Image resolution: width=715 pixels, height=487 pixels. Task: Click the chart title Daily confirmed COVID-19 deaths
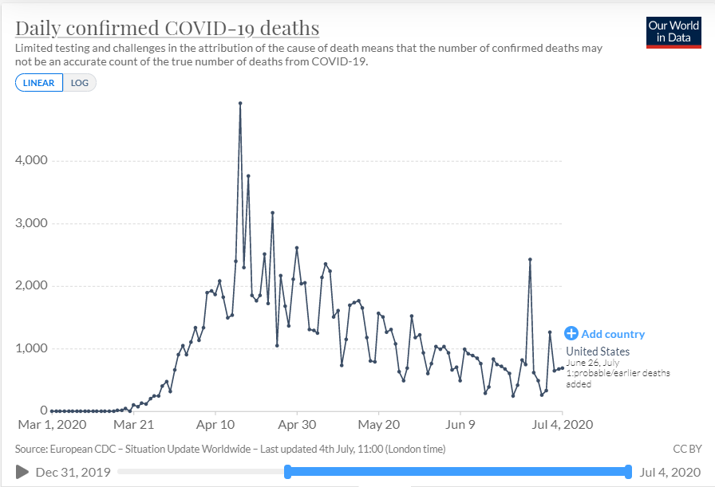click(167, 29)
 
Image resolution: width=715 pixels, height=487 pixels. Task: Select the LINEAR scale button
click(38, 83)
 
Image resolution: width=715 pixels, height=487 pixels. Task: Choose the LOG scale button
click(80, 83)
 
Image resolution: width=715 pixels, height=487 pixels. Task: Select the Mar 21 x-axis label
click(133, 425)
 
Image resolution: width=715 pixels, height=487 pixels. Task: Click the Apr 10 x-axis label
click(215, 425)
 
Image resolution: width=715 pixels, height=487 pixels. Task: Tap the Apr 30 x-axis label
click(297, 425)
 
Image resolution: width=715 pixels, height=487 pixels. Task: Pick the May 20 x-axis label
click(379, 425)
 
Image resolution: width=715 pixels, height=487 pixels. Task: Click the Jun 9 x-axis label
click(461, 425)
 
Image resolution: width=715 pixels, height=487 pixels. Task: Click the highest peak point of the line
click(240, 103)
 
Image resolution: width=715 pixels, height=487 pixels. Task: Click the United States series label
click(598, 352)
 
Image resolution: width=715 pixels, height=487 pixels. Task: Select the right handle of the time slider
click(629, 472)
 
